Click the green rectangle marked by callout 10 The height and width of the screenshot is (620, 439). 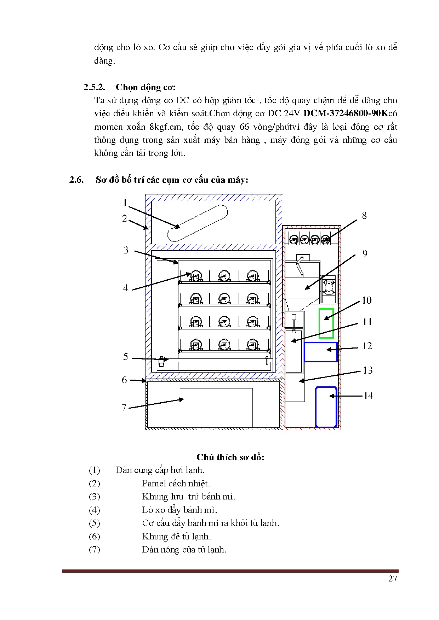pyautogui.click(x=326, y=323)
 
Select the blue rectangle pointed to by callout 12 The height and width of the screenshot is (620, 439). pyautogui.click(x=320, y=352)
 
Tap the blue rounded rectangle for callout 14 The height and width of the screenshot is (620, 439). pyautogui.click(x=326, y=407)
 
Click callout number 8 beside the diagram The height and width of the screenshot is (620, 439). pyautogui.click(x=364, y=216)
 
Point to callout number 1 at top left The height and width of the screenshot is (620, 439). pyautogui.click(x=125, y=203)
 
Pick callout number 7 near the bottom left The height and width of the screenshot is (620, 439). pyautogui.click(x=124, y=408)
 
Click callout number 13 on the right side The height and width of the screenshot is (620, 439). pyautogui.click(x=368, y=370)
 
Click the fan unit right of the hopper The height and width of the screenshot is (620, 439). pyautogui.click(x=329, y=288)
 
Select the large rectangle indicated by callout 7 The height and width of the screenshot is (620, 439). pyautogui.click(x=216, y=407)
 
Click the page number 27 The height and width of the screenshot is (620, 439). pyautogui.click(x=393, y=579)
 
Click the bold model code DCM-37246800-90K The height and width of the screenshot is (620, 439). pyautogui.click(x=346, y=113)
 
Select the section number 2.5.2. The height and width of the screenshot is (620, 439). pyautogui.click(x=94, y=87)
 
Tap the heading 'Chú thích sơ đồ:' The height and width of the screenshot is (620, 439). pyautogui.click(x=230, y=457)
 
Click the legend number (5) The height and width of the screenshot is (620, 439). pyautogui.click(x=94, y=523)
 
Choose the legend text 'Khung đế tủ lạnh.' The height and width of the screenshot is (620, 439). pyautogui.click(x=176, y=537)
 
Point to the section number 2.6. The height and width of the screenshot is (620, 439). pyautogui.click(x=76, y=180)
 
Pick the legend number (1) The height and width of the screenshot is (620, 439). pyautogui.click(x=94, y=470)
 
